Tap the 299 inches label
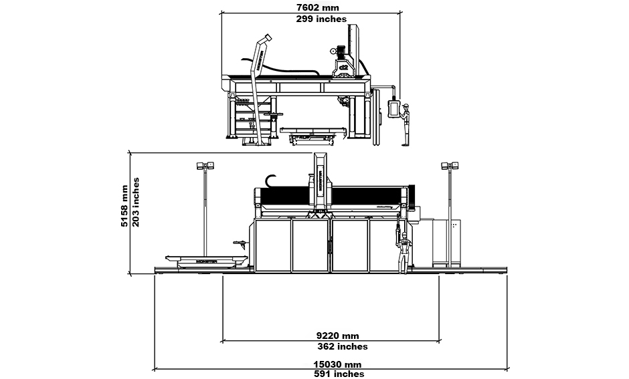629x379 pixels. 321,19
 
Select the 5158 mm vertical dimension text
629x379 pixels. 124,207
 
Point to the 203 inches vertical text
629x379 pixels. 136,202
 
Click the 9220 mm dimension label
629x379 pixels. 337,336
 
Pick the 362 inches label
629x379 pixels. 342,346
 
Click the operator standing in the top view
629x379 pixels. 405,124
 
